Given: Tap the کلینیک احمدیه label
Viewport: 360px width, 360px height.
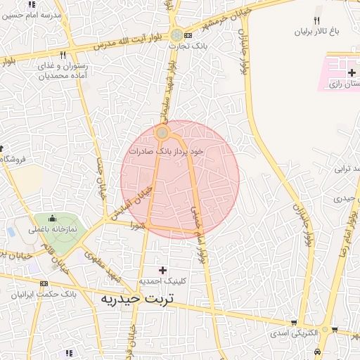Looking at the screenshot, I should tap(163, 281).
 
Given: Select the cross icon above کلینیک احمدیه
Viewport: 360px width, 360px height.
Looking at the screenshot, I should tap(163, 270).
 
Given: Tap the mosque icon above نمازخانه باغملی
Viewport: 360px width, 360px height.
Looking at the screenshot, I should tap(52, 219).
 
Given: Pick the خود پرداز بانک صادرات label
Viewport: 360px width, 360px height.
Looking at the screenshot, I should tap(166, 150).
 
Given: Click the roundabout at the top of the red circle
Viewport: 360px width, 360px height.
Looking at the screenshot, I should tap(162, 132).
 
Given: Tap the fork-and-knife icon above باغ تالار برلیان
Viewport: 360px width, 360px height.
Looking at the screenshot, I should tap(316, 20).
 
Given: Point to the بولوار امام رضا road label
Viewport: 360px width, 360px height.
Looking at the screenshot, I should tap(345, 232).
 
